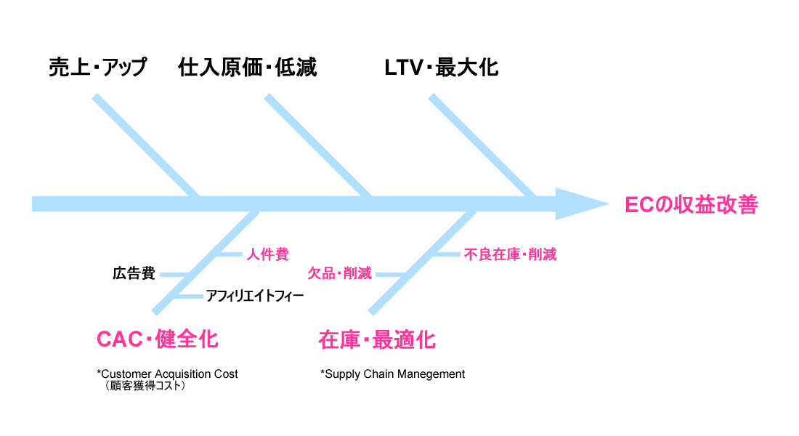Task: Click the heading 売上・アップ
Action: [97, 68]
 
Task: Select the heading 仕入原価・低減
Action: [248, 68]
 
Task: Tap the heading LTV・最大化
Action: [441, 68]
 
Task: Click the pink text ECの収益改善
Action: [691, 205]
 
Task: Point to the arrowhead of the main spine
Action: [581, 204]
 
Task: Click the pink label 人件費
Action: [267, 254]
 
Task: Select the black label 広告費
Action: [134, 274]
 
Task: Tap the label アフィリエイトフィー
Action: [254, 296]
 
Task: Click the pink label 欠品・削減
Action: [339, 274]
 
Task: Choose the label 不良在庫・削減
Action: [510, 254]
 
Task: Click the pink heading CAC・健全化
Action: [157, 339]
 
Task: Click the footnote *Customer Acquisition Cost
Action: [167, 374]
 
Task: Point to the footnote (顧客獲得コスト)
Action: [145, 387]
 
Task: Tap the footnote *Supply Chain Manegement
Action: [392, 374]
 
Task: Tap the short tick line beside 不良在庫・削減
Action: [446, 254]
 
